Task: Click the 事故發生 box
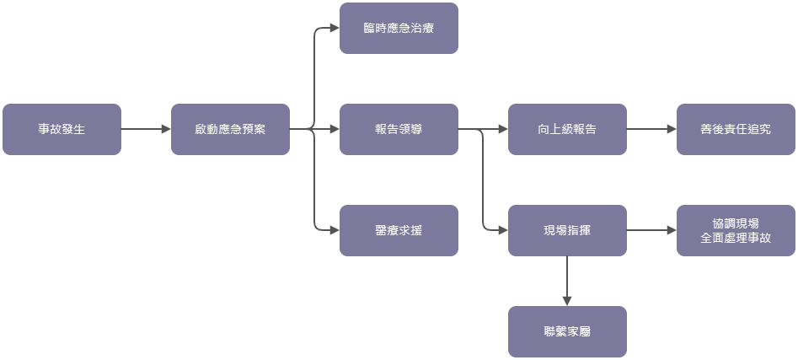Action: (x=62, y=129)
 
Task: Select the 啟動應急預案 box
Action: (x=230, y=129)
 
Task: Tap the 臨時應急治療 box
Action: (x=399, y=28)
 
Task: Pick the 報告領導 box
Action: (x=399, y=129)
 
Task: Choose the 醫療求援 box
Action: (x=399, y=230)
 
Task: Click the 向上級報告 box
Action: (x=567, y=129)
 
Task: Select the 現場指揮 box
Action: (x=567, y=230)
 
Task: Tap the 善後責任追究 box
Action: (x=736, y=129)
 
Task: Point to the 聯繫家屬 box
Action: (x=567, y=331)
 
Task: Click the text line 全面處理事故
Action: (x=736, y=239)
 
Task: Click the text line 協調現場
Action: (x=736, y=223)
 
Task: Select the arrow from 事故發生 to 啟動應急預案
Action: (x=146, y=129)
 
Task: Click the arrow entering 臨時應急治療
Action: (x=324, y=28)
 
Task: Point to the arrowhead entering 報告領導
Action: (x=334, y=129)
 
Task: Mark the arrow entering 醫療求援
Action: (x=324, y=230)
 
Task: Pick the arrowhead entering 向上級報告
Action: (x=502, y=129)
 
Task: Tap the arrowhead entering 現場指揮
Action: (x=502, y=230)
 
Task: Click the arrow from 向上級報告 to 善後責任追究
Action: (x=651, y=129)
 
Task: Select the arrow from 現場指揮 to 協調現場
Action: (x=651, y=230)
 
